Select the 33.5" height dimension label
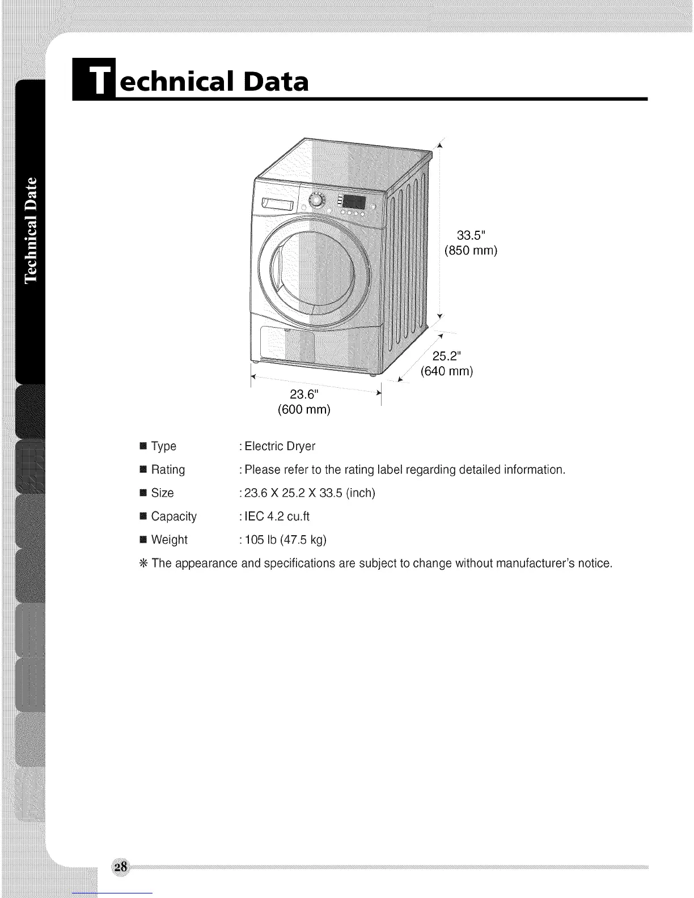click(471, 235)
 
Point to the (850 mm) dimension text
click(471, 251)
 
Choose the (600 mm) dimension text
click(303, 409)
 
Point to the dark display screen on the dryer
click(354, 202)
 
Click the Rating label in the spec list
click(168, 470)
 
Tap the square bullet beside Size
click(142, 493)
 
